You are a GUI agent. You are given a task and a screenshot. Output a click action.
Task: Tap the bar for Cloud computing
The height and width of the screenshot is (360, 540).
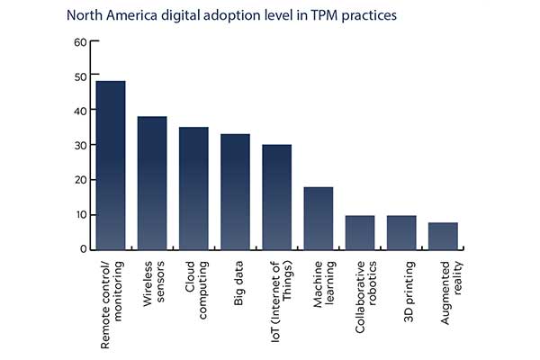(x=193, y=188)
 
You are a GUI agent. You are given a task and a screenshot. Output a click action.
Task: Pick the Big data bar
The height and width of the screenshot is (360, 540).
(x=235, y=192)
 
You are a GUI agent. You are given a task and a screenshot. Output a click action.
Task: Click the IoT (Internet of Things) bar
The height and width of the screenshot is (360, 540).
(x=276, y=196)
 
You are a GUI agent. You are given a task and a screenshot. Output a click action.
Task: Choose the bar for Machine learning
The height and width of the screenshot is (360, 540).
(x=319, y=218)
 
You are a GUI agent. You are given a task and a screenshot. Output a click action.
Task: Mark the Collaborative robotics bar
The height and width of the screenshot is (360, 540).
(x=360, y=232)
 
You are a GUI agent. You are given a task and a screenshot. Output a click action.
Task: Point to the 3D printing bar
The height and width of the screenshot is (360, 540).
(x=401, y=232)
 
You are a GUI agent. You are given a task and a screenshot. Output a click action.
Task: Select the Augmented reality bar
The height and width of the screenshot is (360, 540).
(x=443, y=236)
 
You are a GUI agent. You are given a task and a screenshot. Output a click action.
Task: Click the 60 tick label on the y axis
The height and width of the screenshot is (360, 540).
(x=80, y=41)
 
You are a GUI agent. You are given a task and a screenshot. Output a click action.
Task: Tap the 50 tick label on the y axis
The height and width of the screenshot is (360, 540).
(x=80, y=76)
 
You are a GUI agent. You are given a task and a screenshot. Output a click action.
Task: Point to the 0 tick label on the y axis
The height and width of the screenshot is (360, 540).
(x=83, y=249)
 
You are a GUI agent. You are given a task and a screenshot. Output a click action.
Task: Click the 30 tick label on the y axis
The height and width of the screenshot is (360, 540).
(x=80, y=146)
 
